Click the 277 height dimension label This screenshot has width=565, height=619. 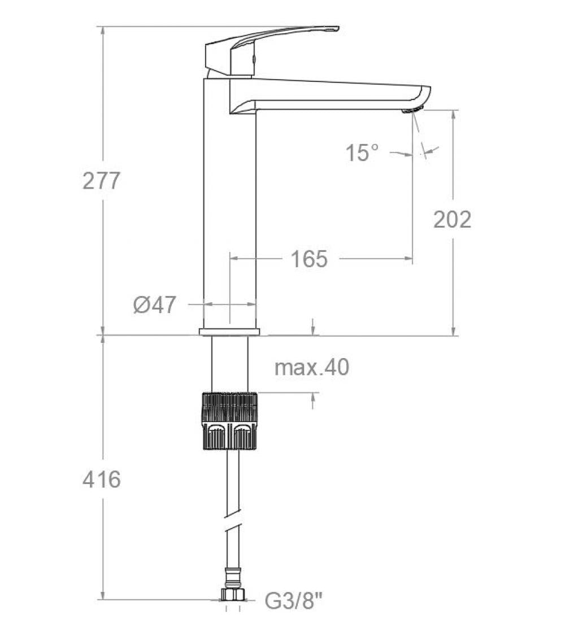102,181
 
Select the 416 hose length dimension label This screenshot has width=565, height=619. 102,479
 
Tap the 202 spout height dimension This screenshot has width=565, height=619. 452,219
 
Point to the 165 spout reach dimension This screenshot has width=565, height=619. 309,259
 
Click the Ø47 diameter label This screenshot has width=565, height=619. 155,305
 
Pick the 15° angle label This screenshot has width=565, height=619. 362,153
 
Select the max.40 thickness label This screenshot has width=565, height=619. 312,368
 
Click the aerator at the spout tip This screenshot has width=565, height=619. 412,110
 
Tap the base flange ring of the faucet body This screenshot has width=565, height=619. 229,331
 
